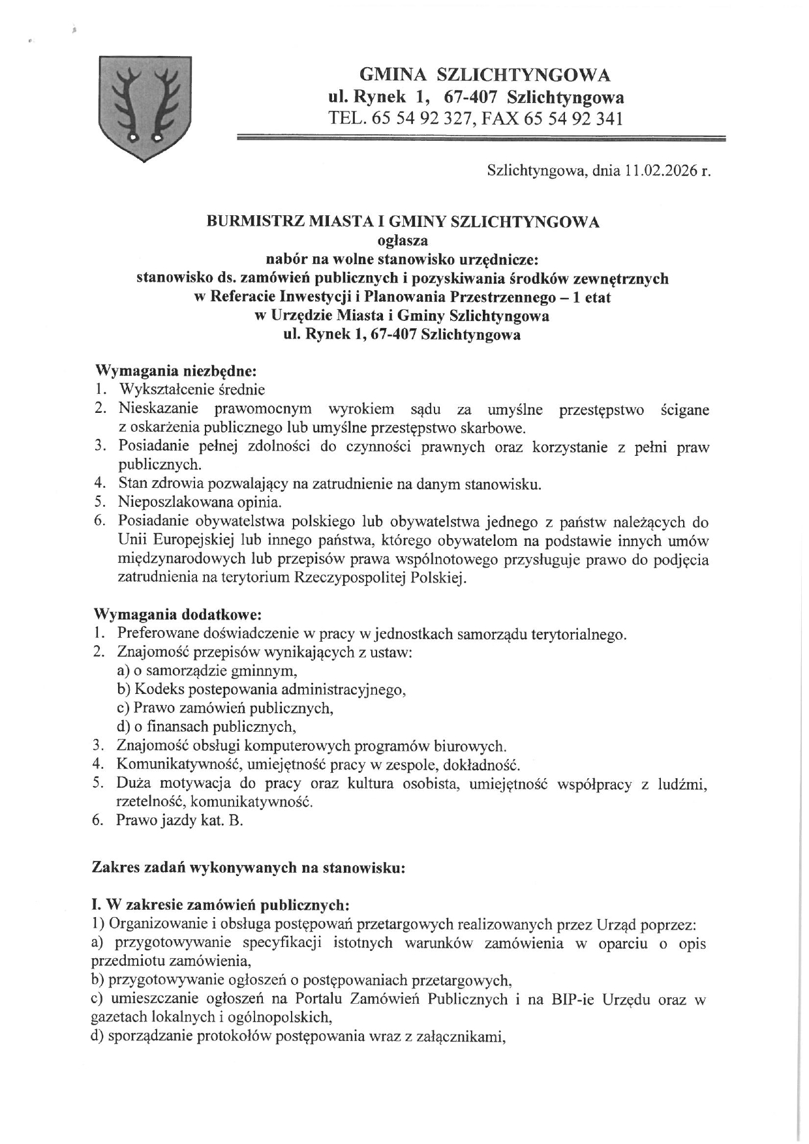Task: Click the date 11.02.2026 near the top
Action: click(x=658, y=172)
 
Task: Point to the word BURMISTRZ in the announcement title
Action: click(x=245, y=222)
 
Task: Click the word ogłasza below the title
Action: click(x=403, y=241)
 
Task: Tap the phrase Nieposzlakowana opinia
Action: click(x=200, y=502)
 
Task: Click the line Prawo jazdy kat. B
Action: click(x=179, y=820)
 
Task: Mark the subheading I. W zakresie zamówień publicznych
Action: click(x=221, y=905)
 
